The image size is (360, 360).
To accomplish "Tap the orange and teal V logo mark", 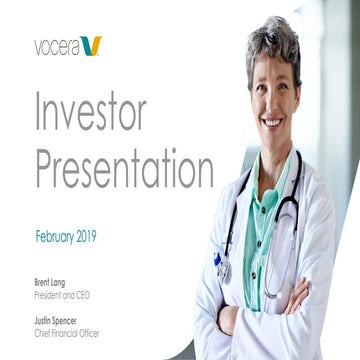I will point(92,45).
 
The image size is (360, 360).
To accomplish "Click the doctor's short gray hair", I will point(275,45).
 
